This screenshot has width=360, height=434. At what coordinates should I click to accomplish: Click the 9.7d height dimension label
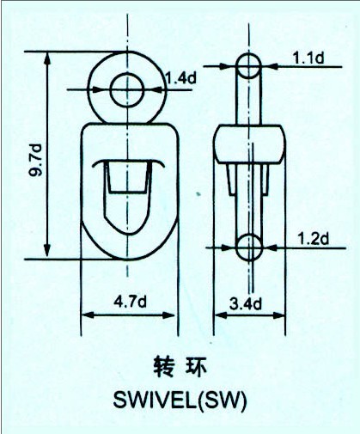[x=35, y=160]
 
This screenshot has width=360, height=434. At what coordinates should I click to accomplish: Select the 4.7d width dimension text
[x=130, y=302]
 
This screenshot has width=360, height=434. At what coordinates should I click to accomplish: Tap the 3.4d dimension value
[x=246, y=303]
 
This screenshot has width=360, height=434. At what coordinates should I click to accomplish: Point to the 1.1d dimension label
[x=308, y=58]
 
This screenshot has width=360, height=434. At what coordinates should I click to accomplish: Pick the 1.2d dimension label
[x=314, y=239]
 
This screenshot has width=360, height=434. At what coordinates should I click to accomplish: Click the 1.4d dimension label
[x=181, y=77]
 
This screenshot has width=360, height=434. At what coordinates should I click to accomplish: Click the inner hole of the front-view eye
[x=127, y=90]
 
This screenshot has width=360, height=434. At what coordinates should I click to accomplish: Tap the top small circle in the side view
[x=249, y=65]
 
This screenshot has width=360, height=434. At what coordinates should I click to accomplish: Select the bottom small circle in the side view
[x=249, y=247]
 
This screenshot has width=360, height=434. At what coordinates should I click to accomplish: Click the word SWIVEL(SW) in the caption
[x=180, y=400]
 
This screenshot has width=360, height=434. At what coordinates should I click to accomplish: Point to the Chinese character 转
[x=163, y=367]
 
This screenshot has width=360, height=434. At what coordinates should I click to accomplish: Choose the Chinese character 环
[x=196, y=367]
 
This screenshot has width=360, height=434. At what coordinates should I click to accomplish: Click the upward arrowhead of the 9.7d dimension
[x=47, y=58]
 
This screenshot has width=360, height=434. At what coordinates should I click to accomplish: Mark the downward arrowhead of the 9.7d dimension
[x=47, y=251]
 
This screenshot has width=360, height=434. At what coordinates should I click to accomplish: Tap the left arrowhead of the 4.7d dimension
[x=88, y=315]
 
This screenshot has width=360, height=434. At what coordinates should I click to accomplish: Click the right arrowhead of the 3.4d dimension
[x=278, y=315]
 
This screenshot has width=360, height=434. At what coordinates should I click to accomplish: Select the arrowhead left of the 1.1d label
[x=229, y=66]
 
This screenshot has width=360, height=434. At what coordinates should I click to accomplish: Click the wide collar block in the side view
[x=249, y=144]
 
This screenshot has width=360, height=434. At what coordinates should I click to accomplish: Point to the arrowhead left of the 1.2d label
[x=229, y=248]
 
